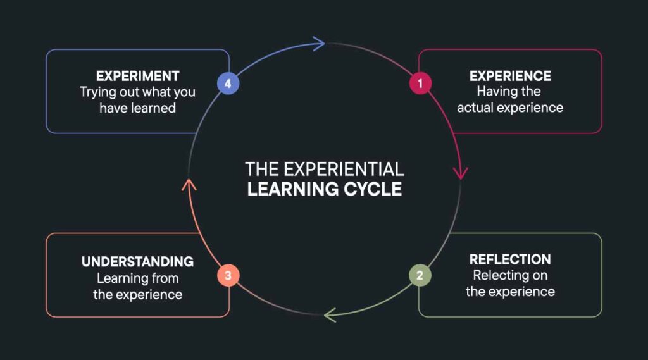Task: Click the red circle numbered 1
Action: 420,83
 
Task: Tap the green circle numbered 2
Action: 419,275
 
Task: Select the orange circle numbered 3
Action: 228,275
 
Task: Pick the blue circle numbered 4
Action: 228,83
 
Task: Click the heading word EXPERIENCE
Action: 510,76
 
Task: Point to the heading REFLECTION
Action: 510,259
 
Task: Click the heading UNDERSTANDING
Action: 137,261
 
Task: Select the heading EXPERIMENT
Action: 137,76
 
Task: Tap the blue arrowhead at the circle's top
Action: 319,43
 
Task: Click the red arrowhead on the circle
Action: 461,172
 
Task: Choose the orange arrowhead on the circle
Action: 189,184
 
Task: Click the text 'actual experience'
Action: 510,108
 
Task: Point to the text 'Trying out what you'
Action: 137,92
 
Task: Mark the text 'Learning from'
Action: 137,278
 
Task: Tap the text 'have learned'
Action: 137,108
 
